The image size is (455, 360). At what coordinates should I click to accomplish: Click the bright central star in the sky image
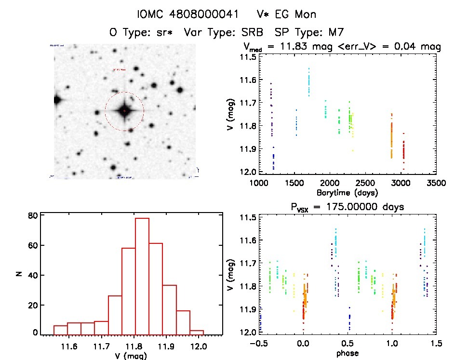pyautogui.click(x=124, y=111)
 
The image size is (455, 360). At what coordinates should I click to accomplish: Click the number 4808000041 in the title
pyautogui.click(x=202, y=14)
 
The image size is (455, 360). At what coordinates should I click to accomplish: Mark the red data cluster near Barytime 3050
pyautogui.click(x=403, y=149)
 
